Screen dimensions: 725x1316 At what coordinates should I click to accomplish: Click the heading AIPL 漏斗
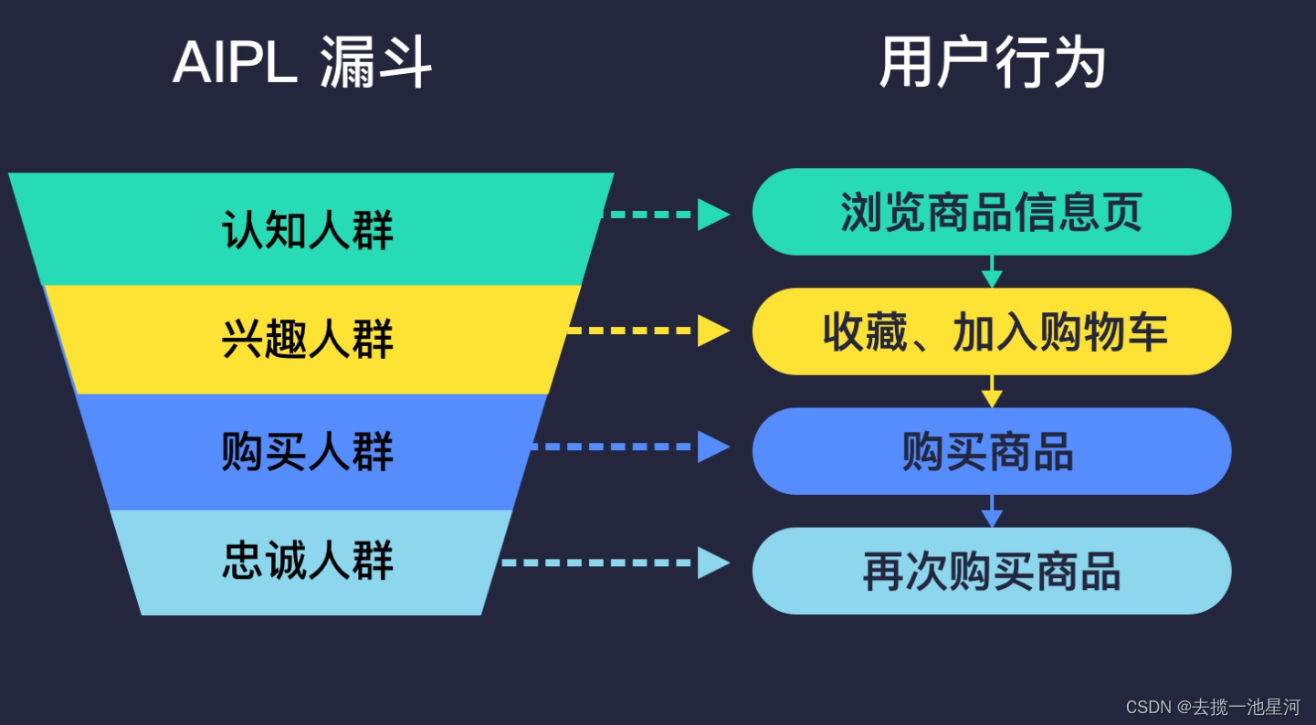point(301,64)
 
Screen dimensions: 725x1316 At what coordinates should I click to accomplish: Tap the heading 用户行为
point(992,64)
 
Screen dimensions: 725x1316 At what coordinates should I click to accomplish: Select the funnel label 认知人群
point(308,229)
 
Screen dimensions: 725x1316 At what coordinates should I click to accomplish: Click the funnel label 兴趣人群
point(308,339)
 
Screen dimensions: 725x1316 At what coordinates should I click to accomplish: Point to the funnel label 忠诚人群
point(308,561)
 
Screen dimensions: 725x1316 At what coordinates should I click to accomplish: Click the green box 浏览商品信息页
point(992,212)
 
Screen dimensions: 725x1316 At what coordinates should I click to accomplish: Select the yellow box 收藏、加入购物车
point(992,331)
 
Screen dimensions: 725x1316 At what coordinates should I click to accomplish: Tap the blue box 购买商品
point(992,451)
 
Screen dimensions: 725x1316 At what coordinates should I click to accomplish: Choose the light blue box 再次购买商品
point(992,571)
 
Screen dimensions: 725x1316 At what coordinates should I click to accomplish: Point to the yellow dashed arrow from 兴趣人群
point(647,331)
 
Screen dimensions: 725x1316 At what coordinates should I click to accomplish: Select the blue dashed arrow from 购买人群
point(629,447)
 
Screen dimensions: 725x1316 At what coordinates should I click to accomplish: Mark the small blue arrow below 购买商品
point(992,512)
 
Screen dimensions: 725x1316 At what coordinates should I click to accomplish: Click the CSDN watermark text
point(1213,707)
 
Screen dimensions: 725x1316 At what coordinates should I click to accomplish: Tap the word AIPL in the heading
point(235,64)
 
